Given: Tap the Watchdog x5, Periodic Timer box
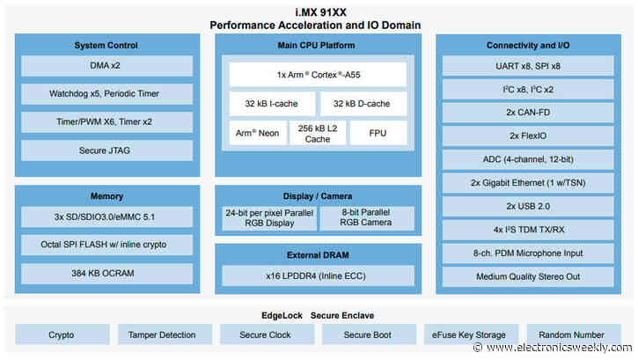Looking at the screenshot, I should coord(106,94).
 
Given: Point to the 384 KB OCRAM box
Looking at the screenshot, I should coord(106,274).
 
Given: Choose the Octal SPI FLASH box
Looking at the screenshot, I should coord(106,245).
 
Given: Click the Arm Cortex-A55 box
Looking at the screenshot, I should coord(318,74).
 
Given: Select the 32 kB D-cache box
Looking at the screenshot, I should coord(363,103).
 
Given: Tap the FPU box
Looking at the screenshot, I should coord(378,133).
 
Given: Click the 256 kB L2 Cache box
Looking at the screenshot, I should coord(318,133).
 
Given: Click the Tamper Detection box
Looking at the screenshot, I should coord(162,335).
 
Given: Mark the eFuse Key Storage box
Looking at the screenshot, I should coord(469,335).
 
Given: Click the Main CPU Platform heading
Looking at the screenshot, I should coord(318,45).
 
